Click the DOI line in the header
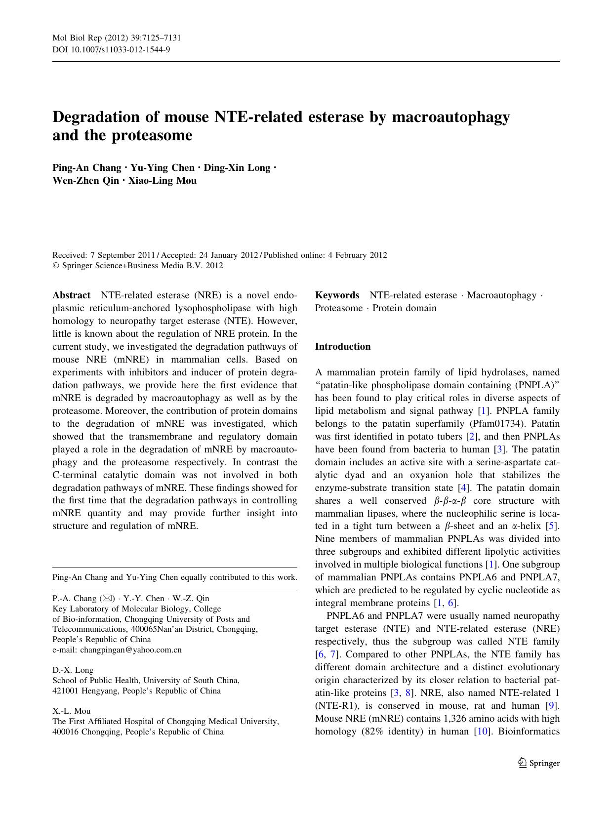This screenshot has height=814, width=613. pos(112,49)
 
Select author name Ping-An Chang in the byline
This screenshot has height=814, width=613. pos(86,167)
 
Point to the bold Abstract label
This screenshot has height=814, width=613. pos(71,295)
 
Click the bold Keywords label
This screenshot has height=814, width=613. pos(337,295)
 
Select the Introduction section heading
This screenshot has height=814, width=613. pos(343,347)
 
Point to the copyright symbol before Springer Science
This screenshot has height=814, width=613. pos(55,266)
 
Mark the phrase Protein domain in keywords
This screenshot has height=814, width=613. pos(405,308)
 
